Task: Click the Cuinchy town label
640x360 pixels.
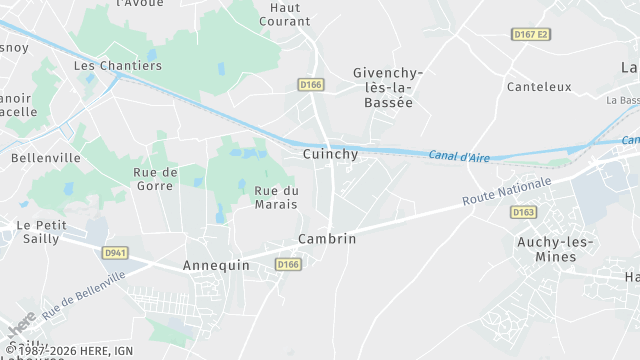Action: coord(330,154)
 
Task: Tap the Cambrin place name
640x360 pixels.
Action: coord(327,239)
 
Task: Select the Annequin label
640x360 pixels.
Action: coord(215,266)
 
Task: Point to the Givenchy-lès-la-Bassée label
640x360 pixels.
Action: coord(389,87)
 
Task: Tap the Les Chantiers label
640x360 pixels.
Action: coord(118,66)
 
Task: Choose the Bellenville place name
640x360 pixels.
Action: coord(47,158)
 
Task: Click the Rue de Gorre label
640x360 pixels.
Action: coord(155,179)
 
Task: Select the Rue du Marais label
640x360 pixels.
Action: coord(277,198)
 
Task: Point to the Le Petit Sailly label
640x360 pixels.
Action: coord(41,232)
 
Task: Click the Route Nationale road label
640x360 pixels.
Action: coord(507,192)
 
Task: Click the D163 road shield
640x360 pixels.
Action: coord(523,212)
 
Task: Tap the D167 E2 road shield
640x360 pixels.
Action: coord(531,34)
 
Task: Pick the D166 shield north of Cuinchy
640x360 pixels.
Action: coord(310,85)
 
